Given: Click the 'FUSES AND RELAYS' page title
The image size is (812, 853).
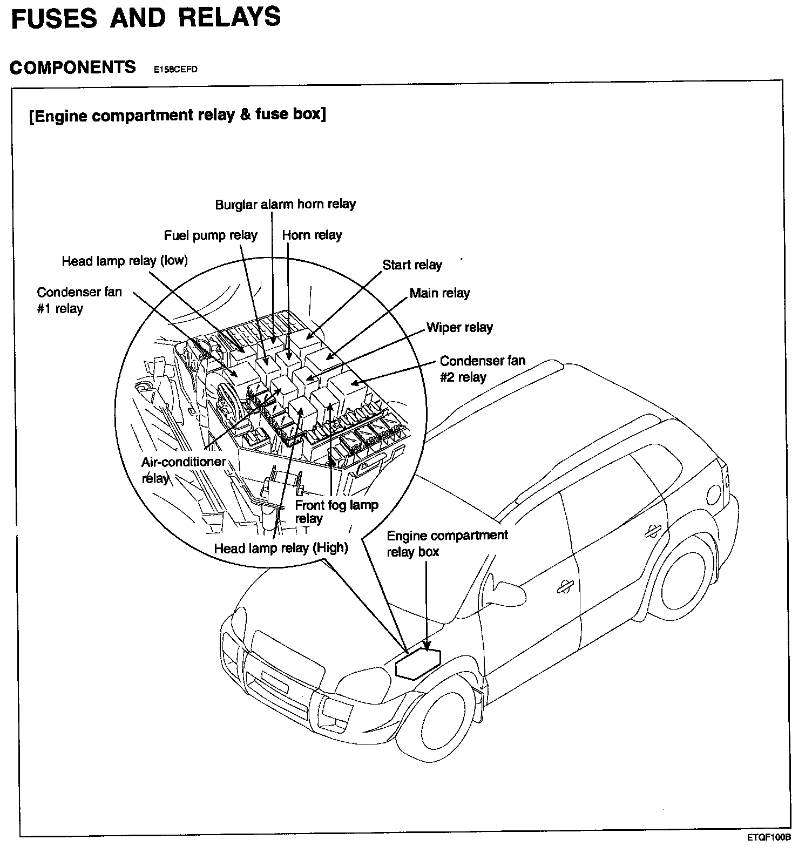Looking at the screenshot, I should click(x=146, y=17).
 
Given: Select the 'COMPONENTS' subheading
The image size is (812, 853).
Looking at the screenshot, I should click(x=73, y=67).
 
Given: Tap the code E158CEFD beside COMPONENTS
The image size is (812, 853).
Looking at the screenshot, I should click(x=175, y=69).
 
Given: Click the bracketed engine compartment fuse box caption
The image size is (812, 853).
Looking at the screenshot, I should click(x=178, y=116).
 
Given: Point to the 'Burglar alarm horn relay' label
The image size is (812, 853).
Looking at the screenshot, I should click(x=286, y=205).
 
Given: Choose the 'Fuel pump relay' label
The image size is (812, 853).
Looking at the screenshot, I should click(x=211, y=235).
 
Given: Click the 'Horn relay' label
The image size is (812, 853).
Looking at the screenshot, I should click(x=312, y=235).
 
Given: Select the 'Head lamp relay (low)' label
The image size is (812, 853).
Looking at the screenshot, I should click(x=125, y=261).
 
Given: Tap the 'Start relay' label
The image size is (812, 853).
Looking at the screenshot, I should click(x=412, y=265).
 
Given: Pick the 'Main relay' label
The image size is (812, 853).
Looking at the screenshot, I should click(x=440, y=293).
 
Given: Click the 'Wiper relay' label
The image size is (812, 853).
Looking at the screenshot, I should click(x=459, y=328).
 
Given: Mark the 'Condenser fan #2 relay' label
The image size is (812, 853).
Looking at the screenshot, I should click(x=482, y=369).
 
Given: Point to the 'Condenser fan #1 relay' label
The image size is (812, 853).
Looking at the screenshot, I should click(x=79, y=300).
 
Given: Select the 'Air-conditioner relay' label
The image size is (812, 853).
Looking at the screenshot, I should click(x=183, y=470).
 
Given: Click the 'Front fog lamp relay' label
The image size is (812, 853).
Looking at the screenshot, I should click(x=336, y=512).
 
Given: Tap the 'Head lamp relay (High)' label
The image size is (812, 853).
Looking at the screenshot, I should click(x=281, y=548).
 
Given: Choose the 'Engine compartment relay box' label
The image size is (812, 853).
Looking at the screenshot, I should click(x=447, y=544).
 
